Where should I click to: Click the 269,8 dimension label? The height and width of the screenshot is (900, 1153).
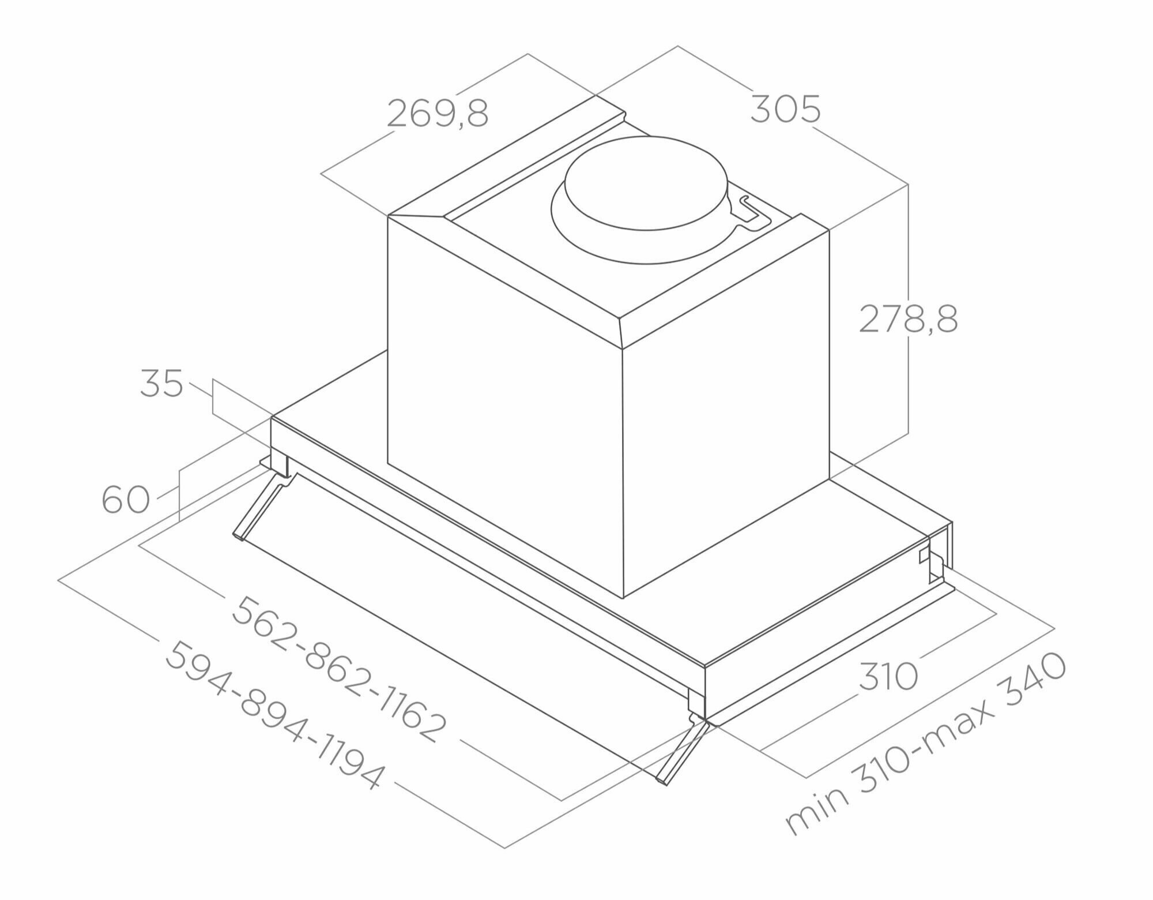(438, 113)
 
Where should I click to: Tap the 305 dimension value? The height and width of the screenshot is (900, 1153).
(785, 110)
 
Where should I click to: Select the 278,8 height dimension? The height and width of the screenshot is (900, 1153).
(909, 319)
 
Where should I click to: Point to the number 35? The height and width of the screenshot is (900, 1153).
(161, 384)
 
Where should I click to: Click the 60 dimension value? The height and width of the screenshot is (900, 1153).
(126, 500)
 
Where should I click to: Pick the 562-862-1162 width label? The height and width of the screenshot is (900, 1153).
(339, 669)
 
